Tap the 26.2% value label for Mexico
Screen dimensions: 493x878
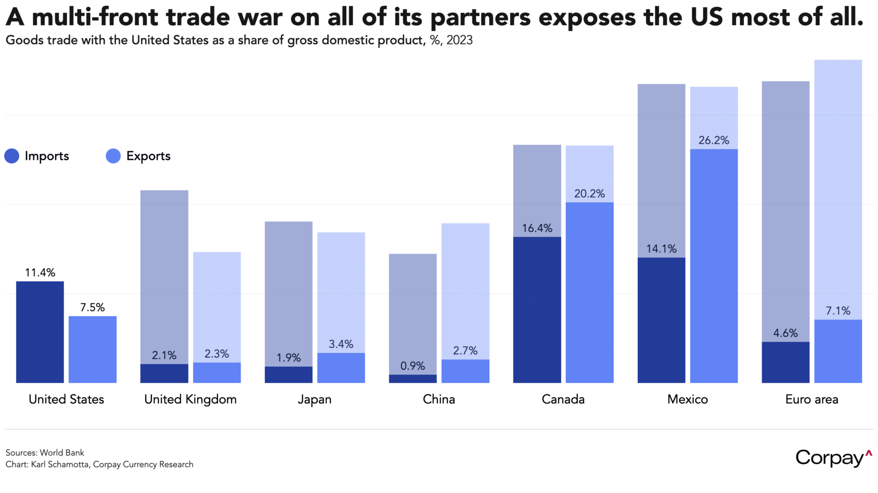tap(713, 141)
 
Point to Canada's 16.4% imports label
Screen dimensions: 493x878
tap(537, 228)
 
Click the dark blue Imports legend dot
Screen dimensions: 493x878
tap(12, 156)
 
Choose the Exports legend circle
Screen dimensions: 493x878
tap(113, 156)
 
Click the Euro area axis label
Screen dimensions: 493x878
tap(811, 399)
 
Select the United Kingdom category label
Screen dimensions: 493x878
tap(190, 399)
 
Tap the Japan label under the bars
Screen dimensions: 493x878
tap(314, 399)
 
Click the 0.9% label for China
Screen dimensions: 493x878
tap(412, 366)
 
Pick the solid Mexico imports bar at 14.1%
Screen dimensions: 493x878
tap(661, 320)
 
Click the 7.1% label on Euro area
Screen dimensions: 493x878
tap(838, 311)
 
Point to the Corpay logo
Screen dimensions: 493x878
tap(833, 458)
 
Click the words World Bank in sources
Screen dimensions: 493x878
tap(62, 453)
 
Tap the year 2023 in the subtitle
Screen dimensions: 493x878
tap(459, 40)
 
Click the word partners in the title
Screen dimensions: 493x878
tap(480, 17)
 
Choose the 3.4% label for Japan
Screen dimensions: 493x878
tap(341, 344)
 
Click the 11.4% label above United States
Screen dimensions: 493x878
tap(40, 273)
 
